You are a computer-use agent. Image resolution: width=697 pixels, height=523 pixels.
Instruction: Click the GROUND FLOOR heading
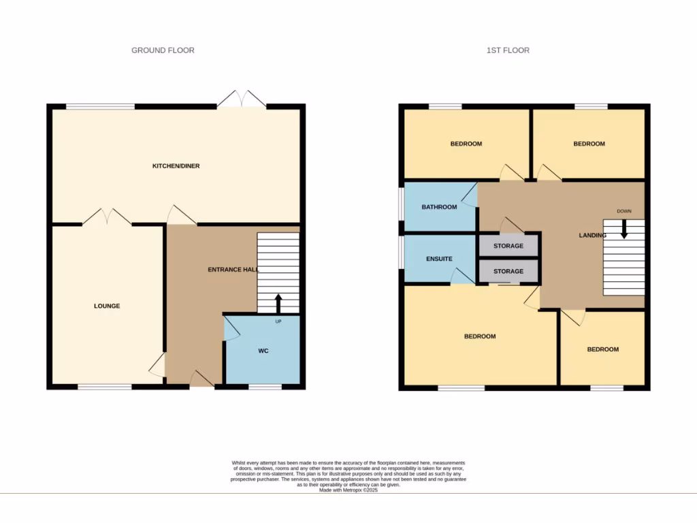[x=163, y=50]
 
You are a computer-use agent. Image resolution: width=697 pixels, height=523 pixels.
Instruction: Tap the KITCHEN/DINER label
[x=176, y=166]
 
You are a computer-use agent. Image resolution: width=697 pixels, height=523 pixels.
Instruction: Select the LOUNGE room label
[x=107, y=306]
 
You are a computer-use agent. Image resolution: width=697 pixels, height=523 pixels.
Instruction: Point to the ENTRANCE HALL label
[x=233, y=270]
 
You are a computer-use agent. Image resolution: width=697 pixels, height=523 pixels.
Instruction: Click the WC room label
[x=263, y=351]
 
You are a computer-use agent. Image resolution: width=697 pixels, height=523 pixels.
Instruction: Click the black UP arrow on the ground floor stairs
[x=278, y=302]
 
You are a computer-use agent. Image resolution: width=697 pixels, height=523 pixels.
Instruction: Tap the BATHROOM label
[x=439, y=207]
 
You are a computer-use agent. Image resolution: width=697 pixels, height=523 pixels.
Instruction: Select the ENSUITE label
[x=439, y=259]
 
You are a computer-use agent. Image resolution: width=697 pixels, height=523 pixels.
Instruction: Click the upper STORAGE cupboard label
[x=508, y=246]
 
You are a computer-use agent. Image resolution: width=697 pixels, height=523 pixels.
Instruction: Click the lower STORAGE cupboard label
[x=508, y=271]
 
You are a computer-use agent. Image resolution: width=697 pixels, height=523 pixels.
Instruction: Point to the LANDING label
[x=592, y=236]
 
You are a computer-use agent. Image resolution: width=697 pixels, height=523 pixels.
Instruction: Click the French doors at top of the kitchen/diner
[x=241, y=99]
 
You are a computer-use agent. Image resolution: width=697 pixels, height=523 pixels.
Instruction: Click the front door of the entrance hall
[x=202, y=379]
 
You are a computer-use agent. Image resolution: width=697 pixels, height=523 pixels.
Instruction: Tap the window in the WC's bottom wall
[x=265, y=387]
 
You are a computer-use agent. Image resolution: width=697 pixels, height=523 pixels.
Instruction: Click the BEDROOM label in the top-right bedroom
[x=589, y=144]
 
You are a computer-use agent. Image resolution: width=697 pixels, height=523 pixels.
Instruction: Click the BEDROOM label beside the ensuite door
[x=480, y=336]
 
